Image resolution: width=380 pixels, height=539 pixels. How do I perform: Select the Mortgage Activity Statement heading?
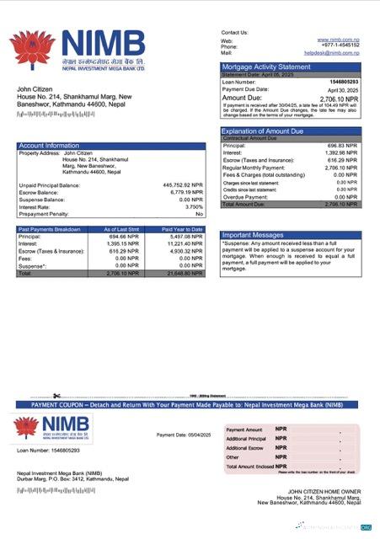(x=265, y=66)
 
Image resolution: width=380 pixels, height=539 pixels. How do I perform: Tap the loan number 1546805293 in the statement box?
(x=342, y=81)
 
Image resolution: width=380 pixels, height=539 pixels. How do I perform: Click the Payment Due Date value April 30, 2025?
(x=343, y=88)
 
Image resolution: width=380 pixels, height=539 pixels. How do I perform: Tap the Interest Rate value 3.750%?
(x=194, y=206)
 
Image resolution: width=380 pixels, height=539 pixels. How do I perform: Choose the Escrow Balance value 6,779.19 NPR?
(x=185, y=192)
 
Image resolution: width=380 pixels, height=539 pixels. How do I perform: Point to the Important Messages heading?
(x=254, y=235)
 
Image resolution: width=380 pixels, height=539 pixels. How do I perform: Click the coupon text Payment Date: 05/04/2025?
(x=179, y=435)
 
